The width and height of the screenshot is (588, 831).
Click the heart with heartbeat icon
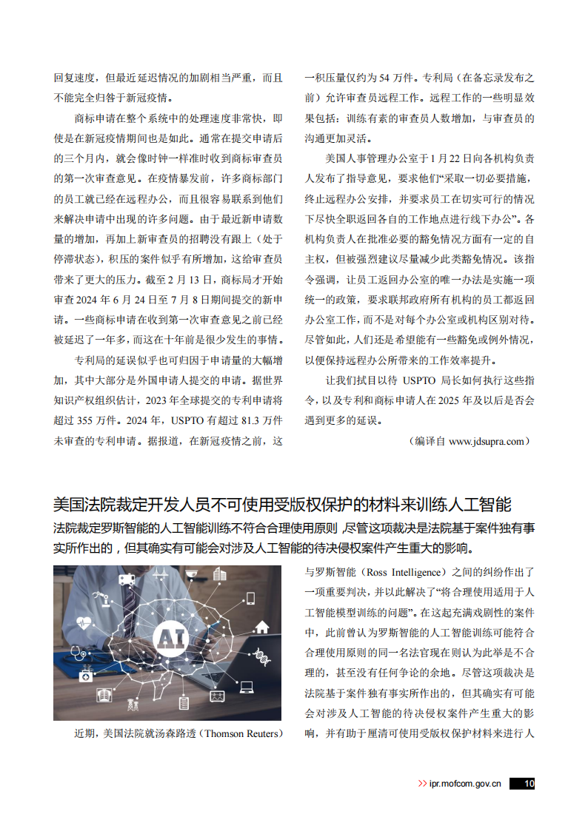tap(84, 622)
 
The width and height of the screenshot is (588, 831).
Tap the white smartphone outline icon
tap(250, 598)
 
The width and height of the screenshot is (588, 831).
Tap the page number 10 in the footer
tap(529, 784)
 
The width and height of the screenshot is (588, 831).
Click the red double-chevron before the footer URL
tap(422, 784)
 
